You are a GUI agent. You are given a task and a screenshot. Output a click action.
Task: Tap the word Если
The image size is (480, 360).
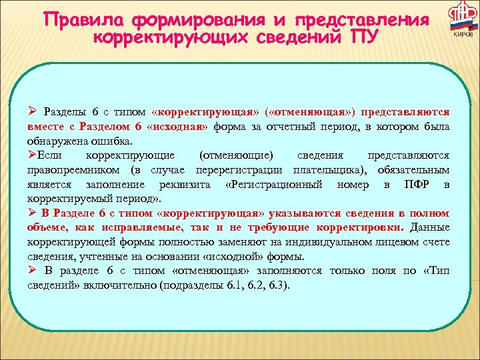pyautogui.click(x=47, y=155)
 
